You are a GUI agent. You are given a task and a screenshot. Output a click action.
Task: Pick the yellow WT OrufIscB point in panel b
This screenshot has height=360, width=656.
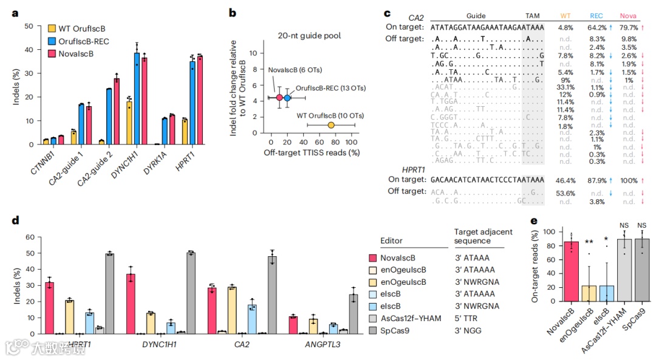point(331,125)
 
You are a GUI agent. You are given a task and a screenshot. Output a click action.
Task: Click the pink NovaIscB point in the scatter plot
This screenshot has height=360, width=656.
point(279,98)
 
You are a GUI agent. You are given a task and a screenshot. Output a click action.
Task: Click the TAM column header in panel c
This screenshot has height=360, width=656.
point(532,16)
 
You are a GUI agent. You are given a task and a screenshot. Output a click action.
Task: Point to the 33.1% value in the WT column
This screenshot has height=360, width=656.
point(565,87)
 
